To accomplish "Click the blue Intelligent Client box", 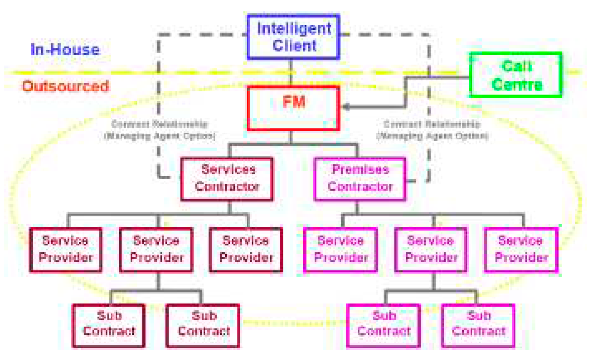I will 293,37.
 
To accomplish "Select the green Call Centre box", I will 515,75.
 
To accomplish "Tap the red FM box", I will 293,108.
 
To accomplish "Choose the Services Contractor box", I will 227,179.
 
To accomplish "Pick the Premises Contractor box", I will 360,179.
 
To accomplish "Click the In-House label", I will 65,49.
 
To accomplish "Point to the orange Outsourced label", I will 66,86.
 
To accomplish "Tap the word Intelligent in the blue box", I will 294,28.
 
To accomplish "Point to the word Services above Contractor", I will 228,169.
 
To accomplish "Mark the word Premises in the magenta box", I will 360,169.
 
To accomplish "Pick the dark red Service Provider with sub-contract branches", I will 156,249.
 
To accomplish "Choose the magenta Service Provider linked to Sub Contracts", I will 431,249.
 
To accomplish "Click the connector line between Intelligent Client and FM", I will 291,73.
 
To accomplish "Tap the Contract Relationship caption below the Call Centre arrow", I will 432,130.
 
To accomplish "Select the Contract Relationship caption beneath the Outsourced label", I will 160,130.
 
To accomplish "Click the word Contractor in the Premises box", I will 360,187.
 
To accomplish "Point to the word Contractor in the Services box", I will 227,187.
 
